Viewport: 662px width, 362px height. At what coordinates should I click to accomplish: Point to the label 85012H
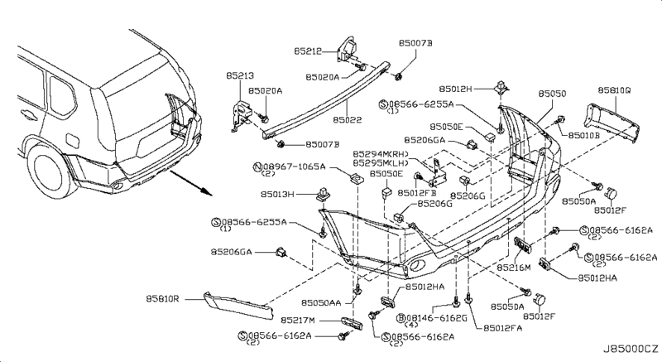[458, 89]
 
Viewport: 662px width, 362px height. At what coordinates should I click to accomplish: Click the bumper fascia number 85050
[552, 94]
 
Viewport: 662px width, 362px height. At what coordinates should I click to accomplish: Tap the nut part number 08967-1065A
[289, 167]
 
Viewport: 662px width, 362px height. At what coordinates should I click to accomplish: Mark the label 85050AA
[324, 303]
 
